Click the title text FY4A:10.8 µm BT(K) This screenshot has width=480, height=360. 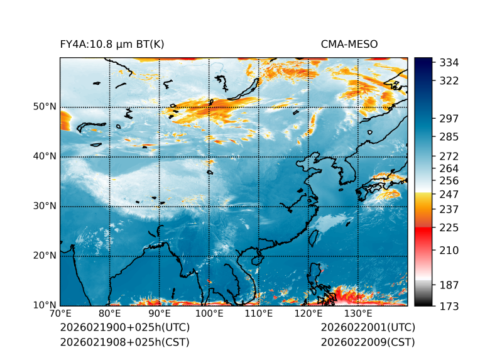point(112,44)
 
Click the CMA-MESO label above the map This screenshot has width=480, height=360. point(349,44)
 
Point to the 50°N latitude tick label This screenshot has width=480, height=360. point(45,107)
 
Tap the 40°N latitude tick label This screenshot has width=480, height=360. point(45,156)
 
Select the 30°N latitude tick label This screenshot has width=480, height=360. point(45,206)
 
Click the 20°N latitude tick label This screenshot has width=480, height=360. point(45,256)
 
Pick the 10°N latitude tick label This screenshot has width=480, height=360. point(45,305)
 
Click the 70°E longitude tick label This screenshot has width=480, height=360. point(60,314)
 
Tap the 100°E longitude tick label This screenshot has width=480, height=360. point(209,314)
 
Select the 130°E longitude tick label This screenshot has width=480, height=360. point(358,314)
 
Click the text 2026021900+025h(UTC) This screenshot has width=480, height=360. point(124,327)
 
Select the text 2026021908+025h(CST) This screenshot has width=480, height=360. point(124,342)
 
